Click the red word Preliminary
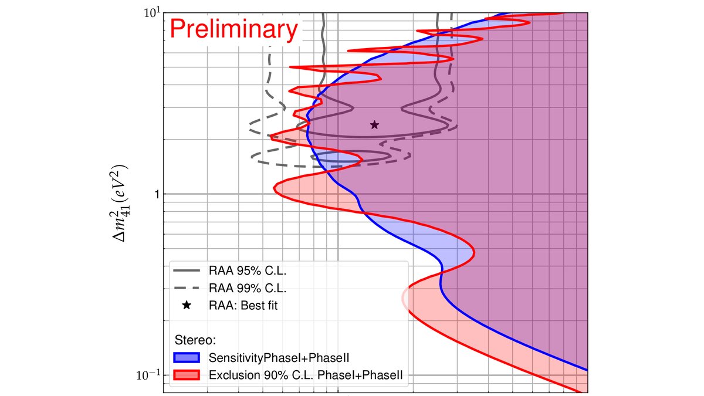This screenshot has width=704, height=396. (233, 30)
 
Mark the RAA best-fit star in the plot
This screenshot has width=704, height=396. (374, 124)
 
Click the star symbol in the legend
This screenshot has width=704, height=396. (187, 305)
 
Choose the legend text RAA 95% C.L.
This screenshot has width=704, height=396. (247, 271)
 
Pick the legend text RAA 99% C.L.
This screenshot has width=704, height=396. (247, 288)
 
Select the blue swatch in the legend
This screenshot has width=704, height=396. (187, 357)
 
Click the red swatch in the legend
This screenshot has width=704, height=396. (187, 374)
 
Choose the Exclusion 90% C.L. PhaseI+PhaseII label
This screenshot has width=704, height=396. (305, 374)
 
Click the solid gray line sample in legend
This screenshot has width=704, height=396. (187, 271)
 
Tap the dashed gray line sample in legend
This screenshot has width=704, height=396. (187, 288)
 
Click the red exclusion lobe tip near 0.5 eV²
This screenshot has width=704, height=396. (473, 252)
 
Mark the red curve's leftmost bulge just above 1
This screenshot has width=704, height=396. (276, 186)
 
